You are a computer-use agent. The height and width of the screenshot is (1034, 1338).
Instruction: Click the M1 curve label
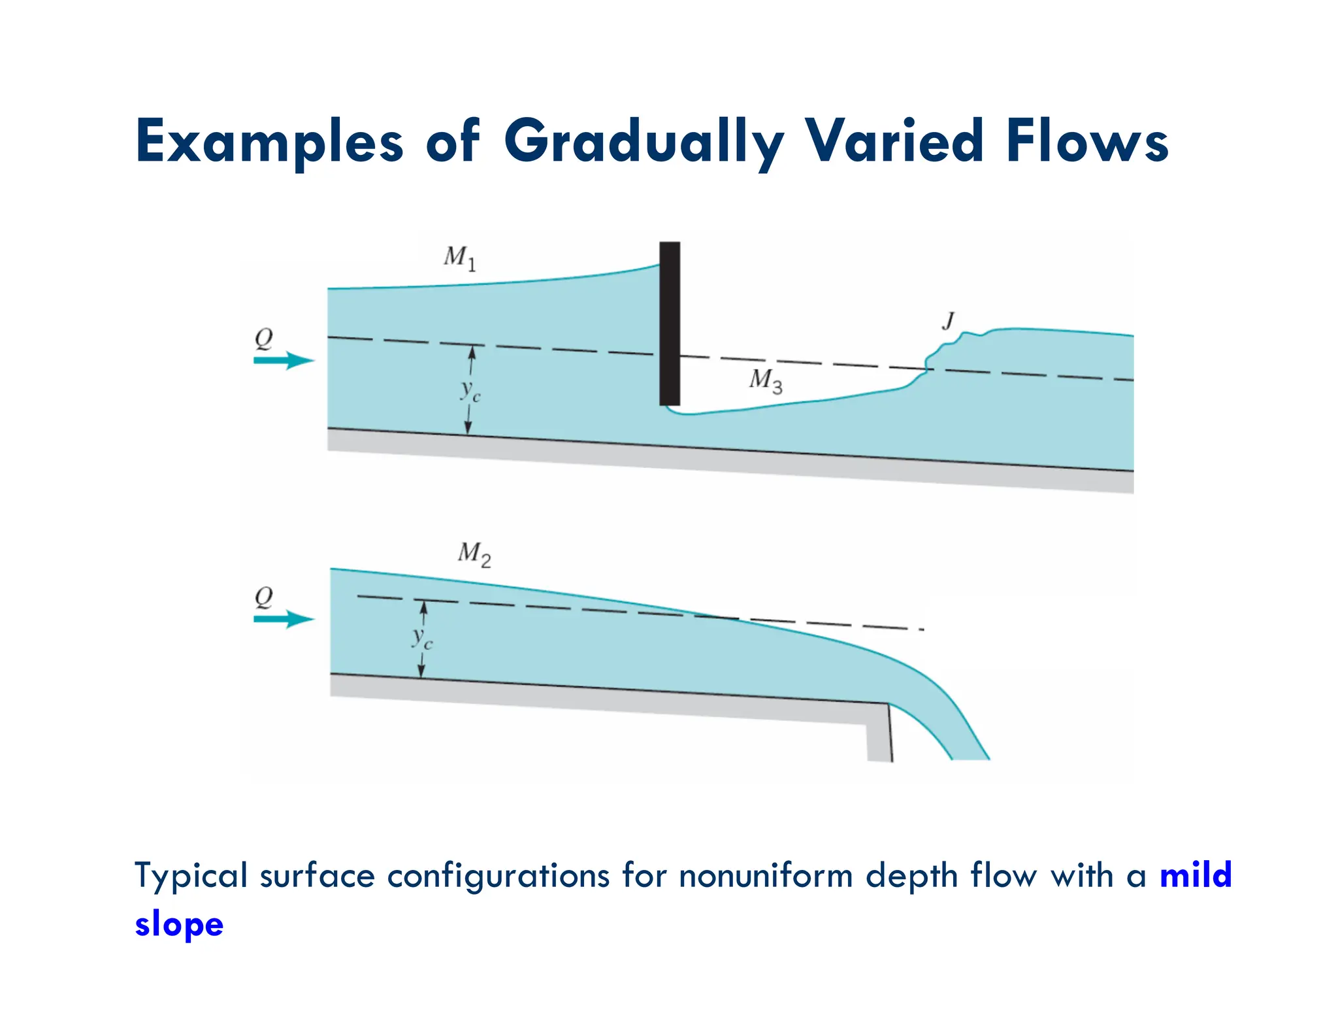click(460, 258)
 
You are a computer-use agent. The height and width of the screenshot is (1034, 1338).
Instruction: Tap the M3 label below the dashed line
click(766, 380)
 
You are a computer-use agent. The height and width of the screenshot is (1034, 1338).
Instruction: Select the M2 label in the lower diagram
click(474, 554)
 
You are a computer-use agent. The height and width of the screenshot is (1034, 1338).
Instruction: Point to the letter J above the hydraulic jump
click(948, 321)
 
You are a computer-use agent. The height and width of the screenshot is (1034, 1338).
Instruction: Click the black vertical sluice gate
click(670, 324)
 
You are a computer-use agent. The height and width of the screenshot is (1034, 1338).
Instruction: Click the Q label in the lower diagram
click(263, 597)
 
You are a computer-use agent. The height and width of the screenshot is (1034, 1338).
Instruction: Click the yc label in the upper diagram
click(470, 391)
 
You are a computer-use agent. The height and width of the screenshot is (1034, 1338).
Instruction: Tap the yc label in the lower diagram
click(422, 637)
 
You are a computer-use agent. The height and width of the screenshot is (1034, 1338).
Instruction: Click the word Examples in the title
click(269, 141)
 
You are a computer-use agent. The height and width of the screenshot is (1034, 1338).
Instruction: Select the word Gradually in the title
click(643, 141)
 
